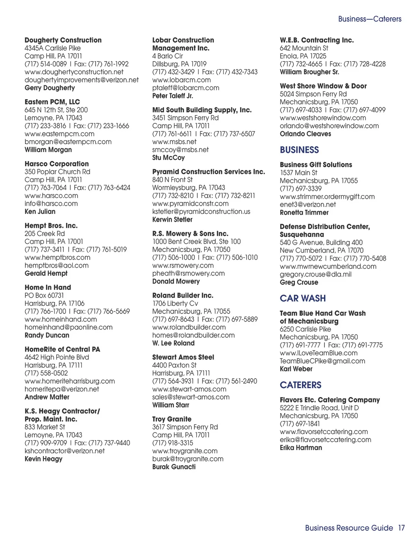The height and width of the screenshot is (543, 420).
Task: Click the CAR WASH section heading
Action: (x=303, y=298)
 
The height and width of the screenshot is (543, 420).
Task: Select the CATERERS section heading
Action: (x=301, y=385)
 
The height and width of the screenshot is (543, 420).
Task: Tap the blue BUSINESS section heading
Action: (x=299, y=150)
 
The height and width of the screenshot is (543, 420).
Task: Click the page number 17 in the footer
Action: (x=401, y=528)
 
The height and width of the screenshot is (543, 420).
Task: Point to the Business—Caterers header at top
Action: (x=370, y=19)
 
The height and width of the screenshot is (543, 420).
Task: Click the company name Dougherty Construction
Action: (x=63, y=40)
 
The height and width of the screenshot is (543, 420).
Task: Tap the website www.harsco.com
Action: (x=51, y=195)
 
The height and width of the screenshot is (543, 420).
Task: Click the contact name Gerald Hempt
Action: (x=46, y=273)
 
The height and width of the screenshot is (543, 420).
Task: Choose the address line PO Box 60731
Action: (x=44, y=295)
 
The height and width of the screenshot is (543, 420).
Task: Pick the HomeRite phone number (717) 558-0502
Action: (x=46, y=373)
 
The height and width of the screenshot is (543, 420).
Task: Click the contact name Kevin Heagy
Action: (x=43, y=459)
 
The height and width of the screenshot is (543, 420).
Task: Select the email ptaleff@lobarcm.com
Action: (x=186, y=88)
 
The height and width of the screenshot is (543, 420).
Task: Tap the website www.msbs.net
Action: (x=174, y=142)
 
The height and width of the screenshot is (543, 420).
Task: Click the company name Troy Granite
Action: (x=172, y=419)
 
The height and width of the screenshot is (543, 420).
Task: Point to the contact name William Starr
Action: (x=171, y=405)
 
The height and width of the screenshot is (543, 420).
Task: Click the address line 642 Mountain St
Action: (x=304, y=48)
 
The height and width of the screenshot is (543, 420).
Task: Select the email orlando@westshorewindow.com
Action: (x=329, y=126)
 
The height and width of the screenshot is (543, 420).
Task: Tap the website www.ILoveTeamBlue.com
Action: (x=319, y=353)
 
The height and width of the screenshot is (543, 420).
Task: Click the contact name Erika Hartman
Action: (x=301, y=448)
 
